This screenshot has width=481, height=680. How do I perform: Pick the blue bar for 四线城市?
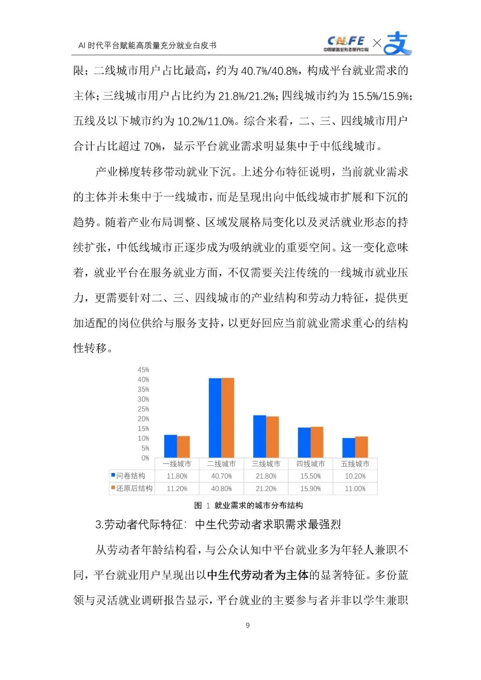pos(304,442)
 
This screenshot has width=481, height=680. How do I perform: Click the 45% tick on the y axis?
pos(143,370)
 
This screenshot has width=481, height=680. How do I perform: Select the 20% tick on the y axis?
pos(143,419)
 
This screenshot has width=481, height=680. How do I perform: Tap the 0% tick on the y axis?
pos(145,458)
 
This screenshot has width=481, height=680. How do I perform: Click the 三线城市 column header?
pos(266,464)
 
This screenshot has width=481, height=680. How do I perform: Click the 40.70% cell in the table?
pos(221,476)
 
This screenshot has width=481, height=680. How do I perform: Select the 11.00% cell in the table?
pos(355,489)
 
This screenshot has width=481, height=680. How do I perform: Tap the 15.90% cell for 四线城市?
pos(310,489)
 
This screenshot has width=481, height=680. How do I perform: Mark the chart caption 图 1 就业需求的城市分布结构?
pos(249,505)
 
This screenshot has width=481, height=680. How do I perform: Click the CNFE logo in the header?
pos(346,44)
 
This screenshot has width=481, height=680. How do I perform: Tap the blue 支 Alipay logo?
pos(397,43)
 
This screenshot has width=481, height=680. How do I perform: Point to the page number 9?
pos(248,625)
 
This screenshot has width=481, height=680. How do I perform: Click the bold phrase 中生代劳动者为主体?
pos(258,575)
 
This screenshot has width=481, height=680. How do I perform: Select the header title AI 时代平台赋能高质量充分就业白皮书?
pos(147,45)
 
